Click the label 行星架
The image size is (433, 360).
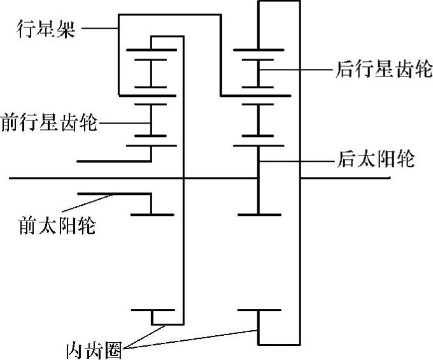46,28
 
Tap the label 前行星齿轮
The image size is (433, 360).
49,121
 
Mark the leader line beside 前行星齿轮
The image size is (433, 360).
124,122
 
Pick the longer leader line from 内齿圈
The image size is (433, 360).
191,338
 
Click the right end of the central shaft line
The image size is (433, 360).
389,178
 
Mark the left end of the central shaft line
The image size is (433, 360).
11,178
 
